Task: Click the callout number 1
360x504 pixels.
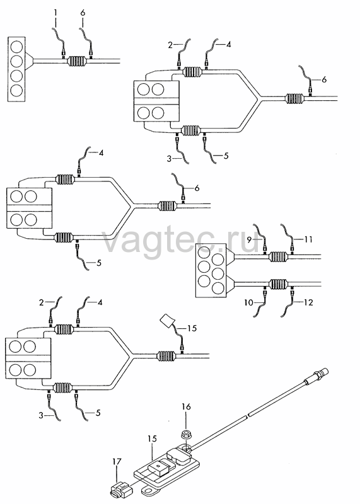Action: (x=55, y=13)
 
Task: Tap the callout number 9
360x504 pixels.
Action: (x=249, y=239)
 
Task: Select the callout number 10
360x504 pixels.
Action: (x=248, y=302)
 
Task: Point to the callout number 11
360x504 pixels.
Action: (x=308, y=239)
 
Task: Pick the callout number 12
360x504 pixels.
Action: (x=308, y=302)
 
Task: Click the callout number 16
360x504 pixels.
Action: (x=186, y=407)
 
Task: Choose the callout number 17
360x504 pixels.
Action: (x=117, y=462)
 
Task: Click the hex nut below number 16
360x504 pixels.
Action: (x=186, y=435)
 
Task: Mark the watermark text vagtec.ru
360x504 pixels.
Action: (x=180, y=241)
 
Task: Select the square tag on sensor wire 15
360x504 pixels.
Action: (x=167, y=321)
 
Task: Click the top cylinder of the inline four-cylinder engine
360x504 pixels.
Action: (x=16, y=47)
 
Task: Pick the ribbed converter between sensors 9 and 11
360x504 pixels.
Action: (x=278, y=256)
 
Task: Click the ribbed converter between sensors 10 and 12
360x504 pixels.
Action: (x=278, y=284)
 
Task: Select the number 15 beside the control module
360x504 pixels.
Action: (x=152, y=439)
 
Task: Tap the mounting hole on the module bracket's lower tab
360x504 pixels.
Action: (x=148, y=491)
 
